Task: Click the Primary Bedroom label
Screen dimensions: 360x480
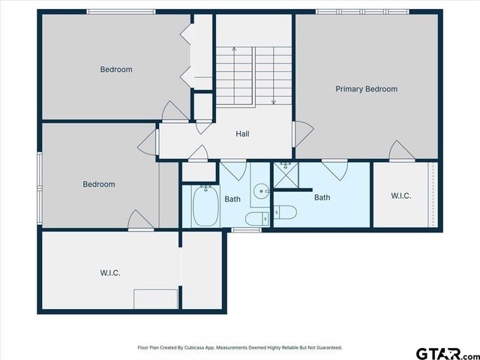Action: [x=366, y=89]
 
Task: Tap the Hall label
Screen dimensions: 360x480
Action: [x=242, y=134]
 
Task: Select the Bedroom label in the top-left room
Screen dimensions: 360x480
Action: [x=116, y=70]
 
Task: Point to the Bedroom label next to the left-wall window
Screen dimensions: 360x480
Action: [x=98, y=184]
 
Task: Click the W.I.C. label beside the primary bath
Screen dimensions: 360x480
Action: [x=401, y=196]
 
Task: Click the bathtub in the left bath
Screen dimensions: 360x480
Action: [x=203, y=207]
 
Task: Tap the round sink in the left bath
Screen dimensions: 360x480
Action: [x=260, y=191]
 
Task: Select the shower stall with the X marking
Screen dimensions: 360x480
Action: [x=284, y=176]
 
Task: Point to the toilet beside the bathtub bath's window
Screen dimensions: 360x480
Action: [x=255, y=219]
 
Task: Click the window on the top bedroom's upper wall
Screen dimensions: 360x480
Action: [x=121, y=11]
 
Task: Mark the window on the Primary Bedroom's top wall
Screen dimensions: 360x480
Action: [x=362, y=11]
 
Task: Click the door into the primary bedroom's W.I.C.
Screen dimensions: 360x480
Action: [x=402, y=151]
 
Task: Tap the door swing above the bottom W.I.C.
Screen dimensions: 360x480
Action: [x=140, y=220]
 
